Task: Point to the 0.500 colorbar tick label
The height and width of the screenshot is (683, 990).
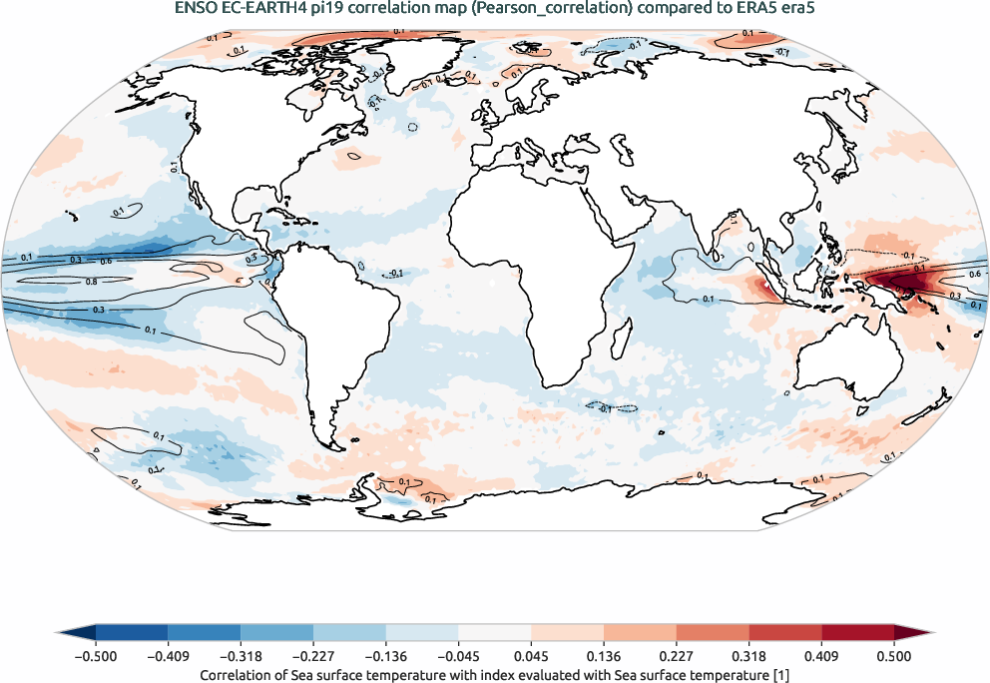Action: pos(893,656)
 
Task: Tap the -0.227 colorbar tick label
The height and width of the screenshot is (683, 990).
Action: pos(313,656)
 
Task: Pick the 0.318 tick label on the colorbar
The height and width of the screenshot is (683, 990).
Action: pos(748,656)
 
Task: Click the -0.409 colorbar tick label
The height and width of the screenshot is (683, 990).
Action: pos(169,656)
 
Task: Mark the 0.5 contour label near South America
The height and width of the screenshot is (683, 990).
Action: pos(252,258)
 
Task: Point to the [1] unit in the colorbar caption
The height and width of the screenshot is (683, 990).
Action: pos(782,676)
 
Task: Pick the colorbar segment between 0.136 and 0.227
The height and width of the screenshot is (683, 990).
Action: pos(640,632)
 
